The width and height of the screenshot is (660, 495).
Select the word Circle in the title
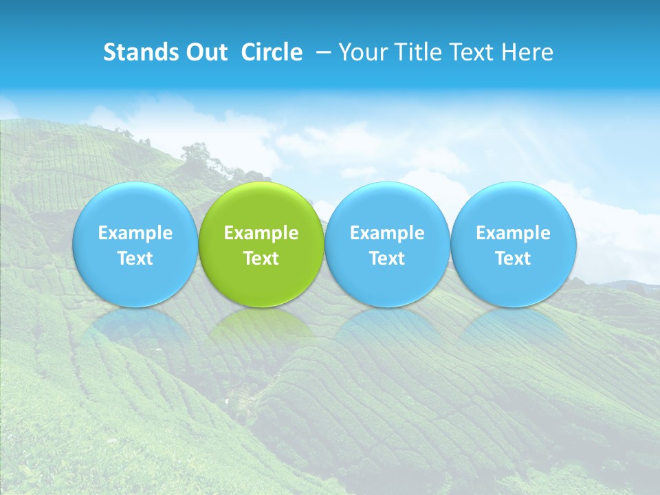click(x=272, y=52)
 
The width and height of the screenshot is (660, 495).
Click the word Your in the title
click(x=361, y=52)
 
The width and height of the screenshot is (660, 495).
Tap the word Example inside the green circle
click(x=261, y=233)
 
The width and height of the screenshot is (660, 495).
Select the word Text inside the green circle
click(x=261, y=258)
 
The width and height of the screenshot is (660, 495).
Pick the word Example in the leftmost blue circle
click(x=135, y=233)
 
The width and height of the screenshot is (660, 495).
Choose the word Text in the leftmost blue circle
click(x=135, y=258)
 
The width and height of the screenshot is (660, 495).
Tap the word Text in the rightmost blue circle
click(x=514, y=258)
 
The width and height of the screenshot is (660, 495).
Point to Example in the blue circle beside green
click(x=387, y=233)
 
